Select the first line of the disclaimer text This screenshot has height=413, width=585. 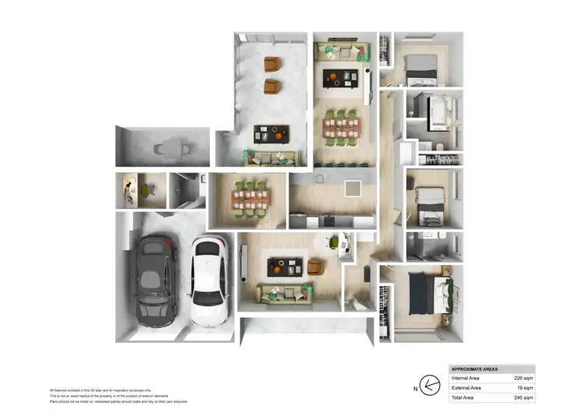click(101, 390)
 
